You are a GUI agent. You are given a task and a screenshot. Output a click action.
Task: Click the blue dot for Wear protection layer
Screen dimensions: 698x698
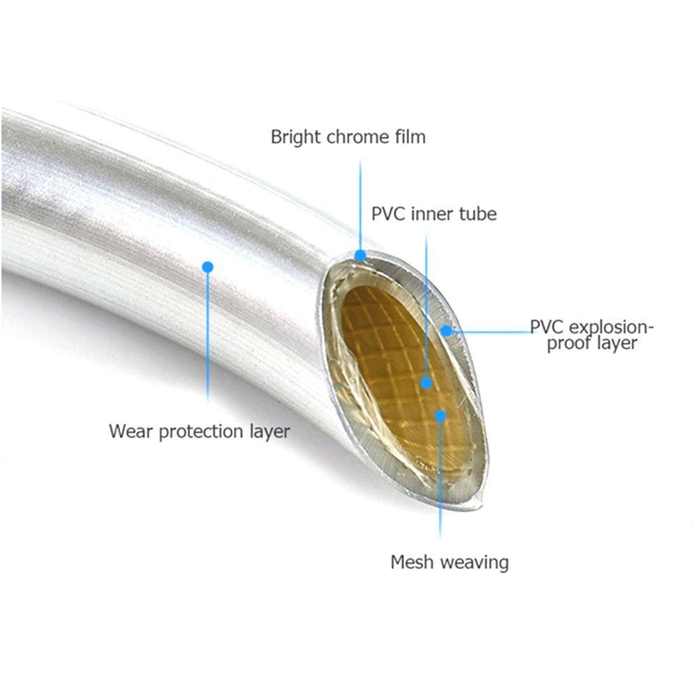207,266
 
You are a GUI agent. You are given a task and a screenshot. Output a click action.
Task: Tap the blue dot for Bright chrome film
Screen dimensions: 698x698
360,255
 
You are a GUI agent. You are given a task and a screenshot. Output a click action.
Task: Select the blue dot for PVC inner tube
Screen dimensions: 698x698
426,383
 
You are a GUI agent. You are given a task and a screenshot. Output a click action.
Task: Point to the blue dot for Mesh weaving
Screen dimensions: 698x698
440,416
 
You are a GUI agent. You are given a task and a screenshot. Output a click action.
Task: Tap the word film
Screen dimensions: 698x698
410,137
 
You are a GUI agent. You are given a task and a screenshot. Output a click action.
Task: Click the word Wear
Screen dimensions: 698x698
131,431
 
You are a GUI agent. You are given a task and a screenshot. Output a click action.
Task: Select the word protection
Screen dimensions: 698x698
202,431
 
